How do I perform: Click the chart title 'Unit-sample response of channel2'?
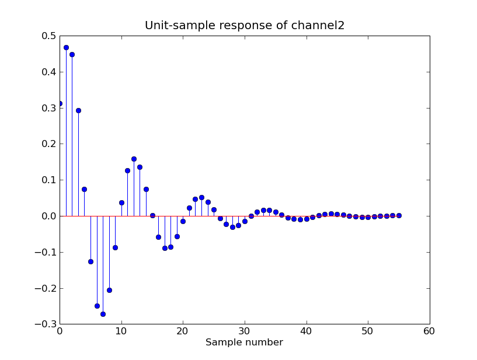(245, 26)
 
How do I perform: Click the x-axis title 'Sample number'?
(244, 342)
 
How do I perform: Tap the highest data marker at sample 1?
(66, 47)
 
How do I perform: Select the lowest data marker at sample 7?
(103, 314)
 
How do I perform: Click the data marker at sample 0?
(60, 103)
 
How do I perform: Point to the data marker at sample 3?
(78, 110)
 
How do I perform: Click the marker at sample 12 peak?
(134, 159)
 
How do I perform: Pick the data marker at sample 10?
(121, 202)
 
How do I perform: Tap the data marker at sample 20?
(183, 221)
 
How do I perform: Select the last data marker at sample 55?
(399, 215)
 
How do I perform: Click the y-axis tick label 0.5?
(49, 36)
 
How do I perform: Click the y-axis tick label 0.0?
(49, 216)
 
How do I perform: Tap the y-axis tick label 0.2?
(49, 144)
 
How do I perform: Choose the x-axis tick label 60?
(430, 331)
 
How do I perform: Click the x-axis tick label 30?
(245, 331)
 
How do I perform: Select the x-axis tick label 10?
(121, 331)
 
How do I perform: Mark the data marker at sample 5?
(90, 261)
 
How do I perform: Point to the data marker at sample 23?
(201, 197)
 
